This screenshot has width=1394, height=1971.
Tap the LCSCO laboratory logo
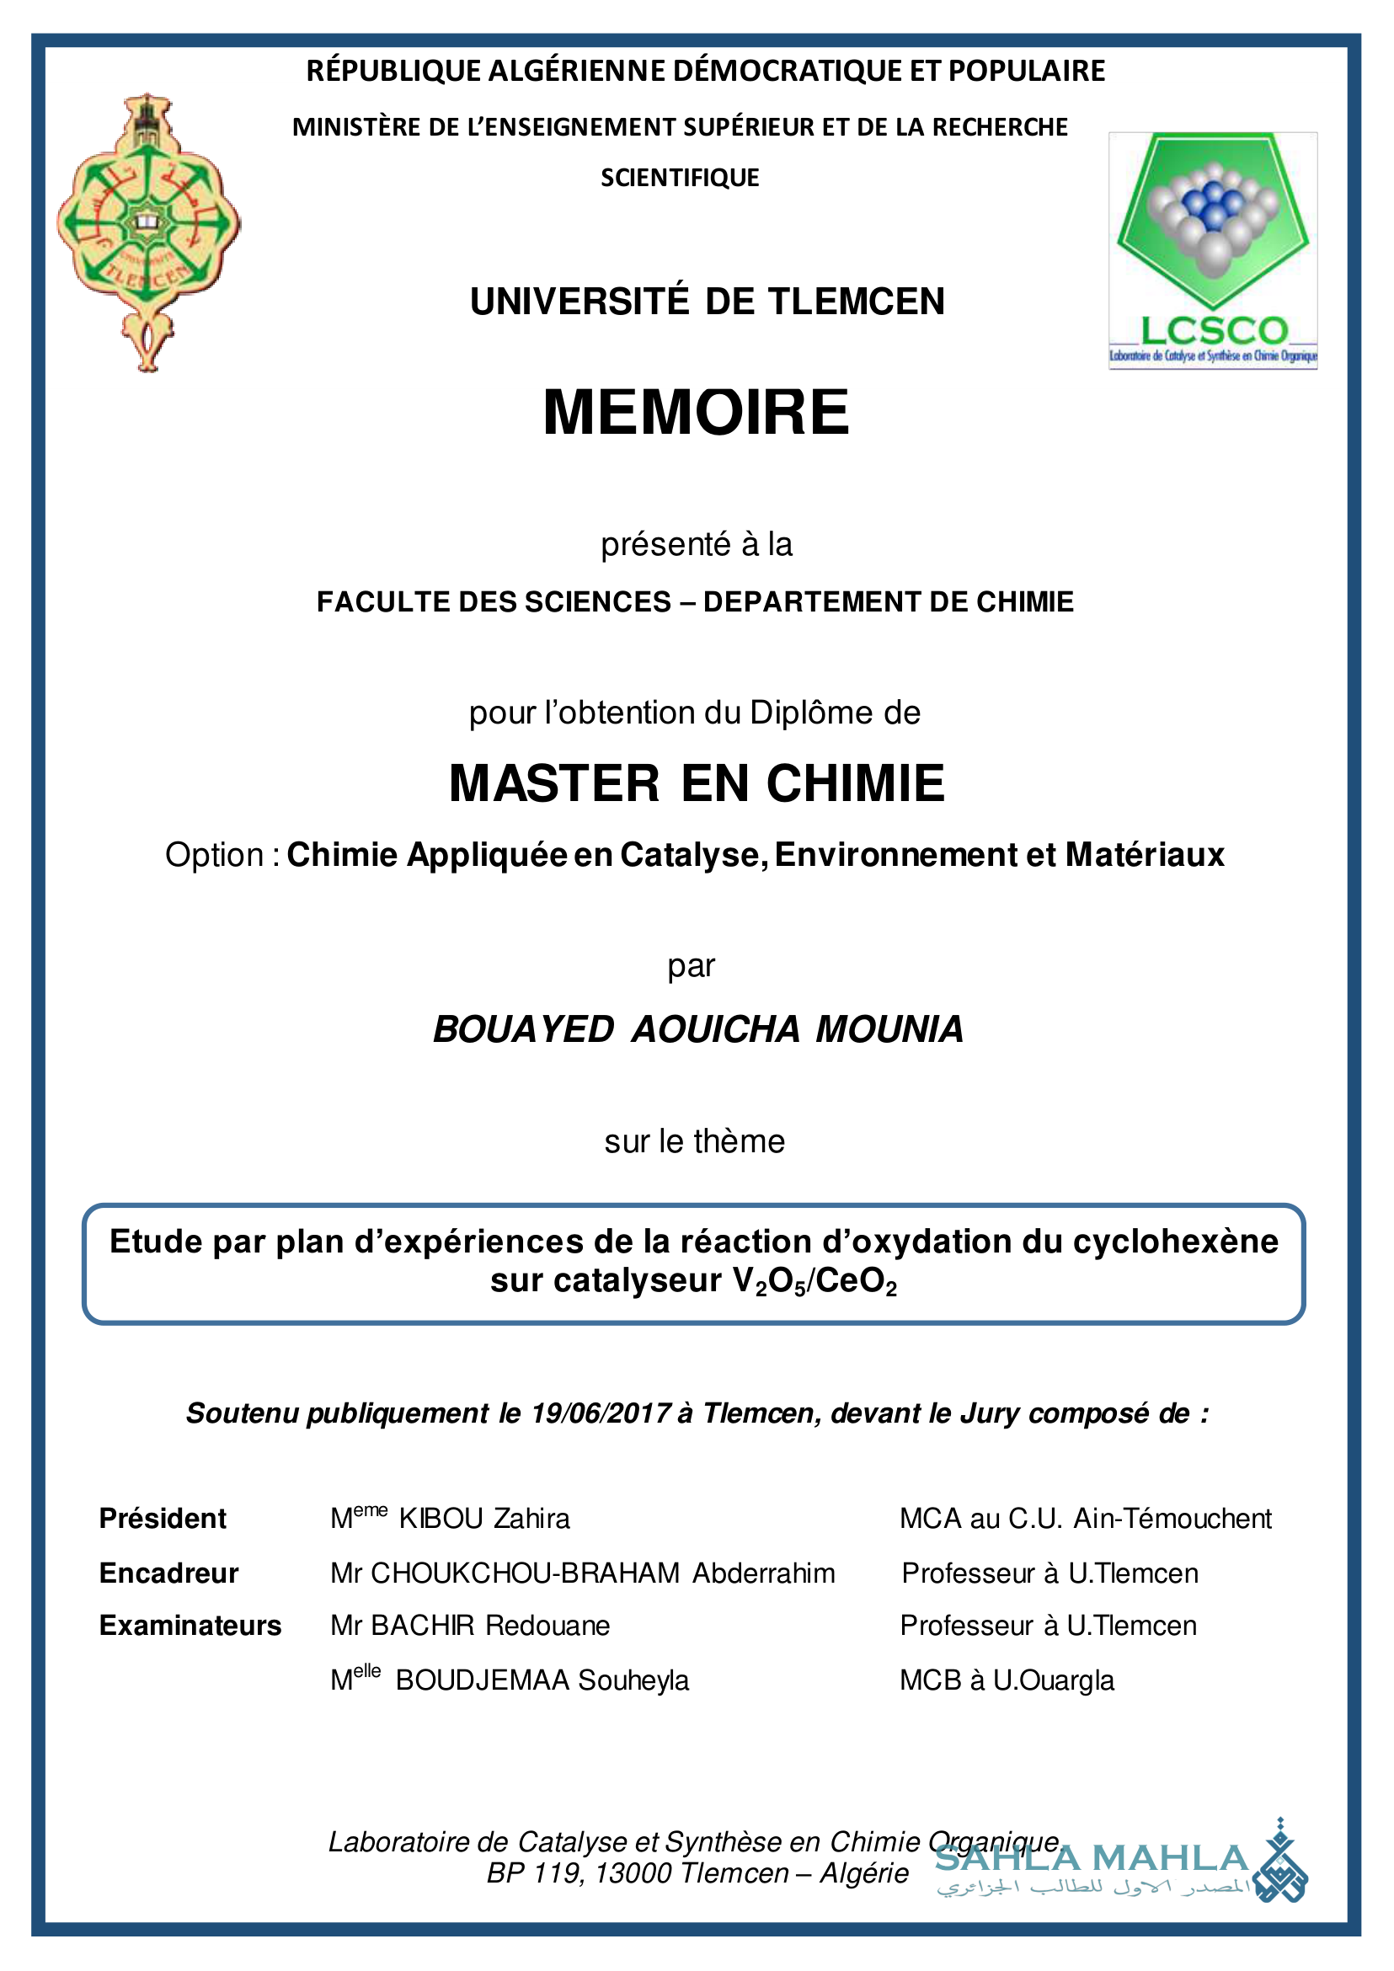coord(1212,250)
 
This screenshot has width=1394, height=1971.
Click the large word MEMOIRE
coord(696,412)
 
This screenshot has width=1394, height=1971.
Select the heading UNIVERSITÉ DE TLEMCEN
coord(708,302)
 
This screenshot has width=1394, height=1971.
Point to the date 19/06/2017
coord(600,1413)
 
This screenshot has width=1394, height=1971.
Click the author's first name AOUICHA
coord(716,1029)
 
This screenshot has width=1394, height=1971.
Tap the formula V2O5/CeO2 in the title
coord(815,1281)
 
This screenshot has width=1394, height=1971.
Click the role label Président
coord(163,1519)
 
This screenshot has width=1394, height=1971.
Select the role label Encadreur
coord(168,1573)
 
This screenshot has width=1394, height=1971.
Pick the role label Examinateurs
coord(190,1626)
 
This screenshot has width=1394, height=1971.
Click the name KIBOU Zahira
coord(484,1519)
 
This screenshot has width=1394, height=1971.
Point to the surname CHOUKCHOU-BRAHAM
coord(526,1573)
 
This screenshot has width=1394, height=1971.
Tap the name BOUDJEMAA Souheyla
coord(542,1680)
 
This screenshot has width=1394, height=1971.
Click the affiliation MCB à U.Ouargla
coord(1007,1680)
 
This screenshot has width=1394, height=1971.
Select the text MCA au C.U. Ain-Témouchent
coord(1085,1519)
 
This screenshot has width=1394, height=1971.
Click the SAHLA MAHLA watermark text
coord(1091,1857)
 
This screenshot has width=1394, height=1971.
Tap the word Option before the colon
coord(215,855)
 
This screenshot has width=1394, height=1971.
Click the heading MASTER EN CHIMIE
coord(696,783)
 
